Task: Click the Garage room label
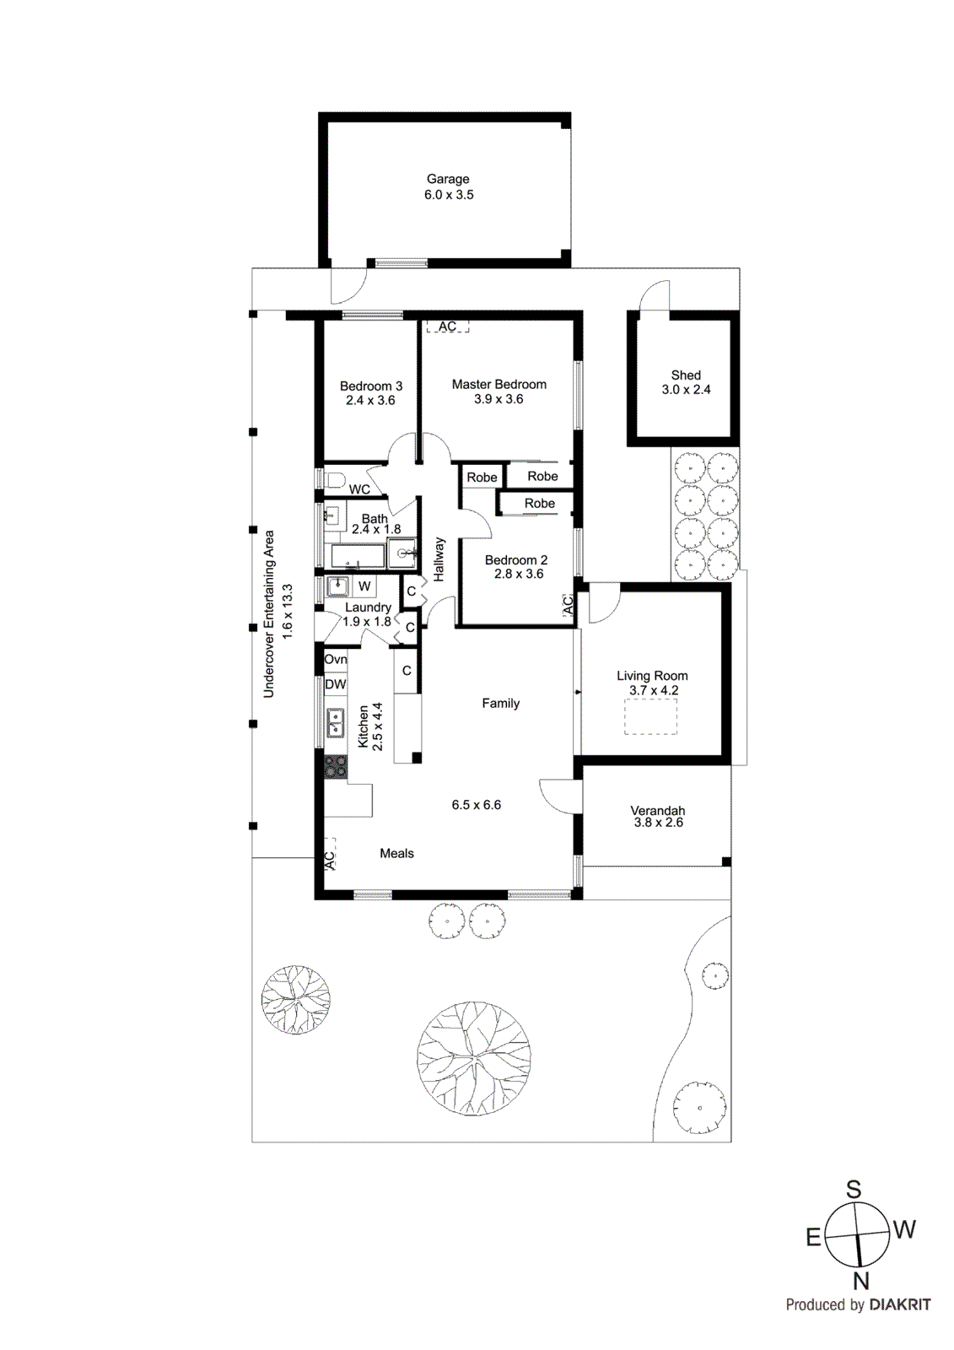(448, 179)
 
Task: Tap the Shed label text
(686, 375)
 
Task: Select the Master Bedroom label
(499, 385)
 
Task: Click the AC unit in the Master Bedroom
(447, 327)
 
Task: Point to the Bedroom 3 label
(371, 386)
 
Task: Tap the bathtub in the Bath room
(357, 556)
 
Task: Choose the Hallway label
(439, 559)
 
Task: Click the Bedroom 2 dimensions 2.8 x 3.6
(519, 574)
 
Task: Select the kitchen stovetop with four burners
(336, 766)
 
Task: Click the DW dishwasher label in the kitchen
(335, 684)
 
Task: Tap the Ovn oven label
(335, 659)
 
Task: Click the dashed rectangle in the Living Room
(650, 716)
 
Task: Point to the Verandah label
(658, 810)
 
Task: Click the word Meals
(396, 854)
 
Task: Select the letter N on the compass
(860, 1282)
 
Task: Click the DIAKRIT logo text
(900, 1305)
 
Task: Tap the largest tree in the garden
(473, 1058)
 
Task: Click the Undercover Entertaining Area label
(269, 613)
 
